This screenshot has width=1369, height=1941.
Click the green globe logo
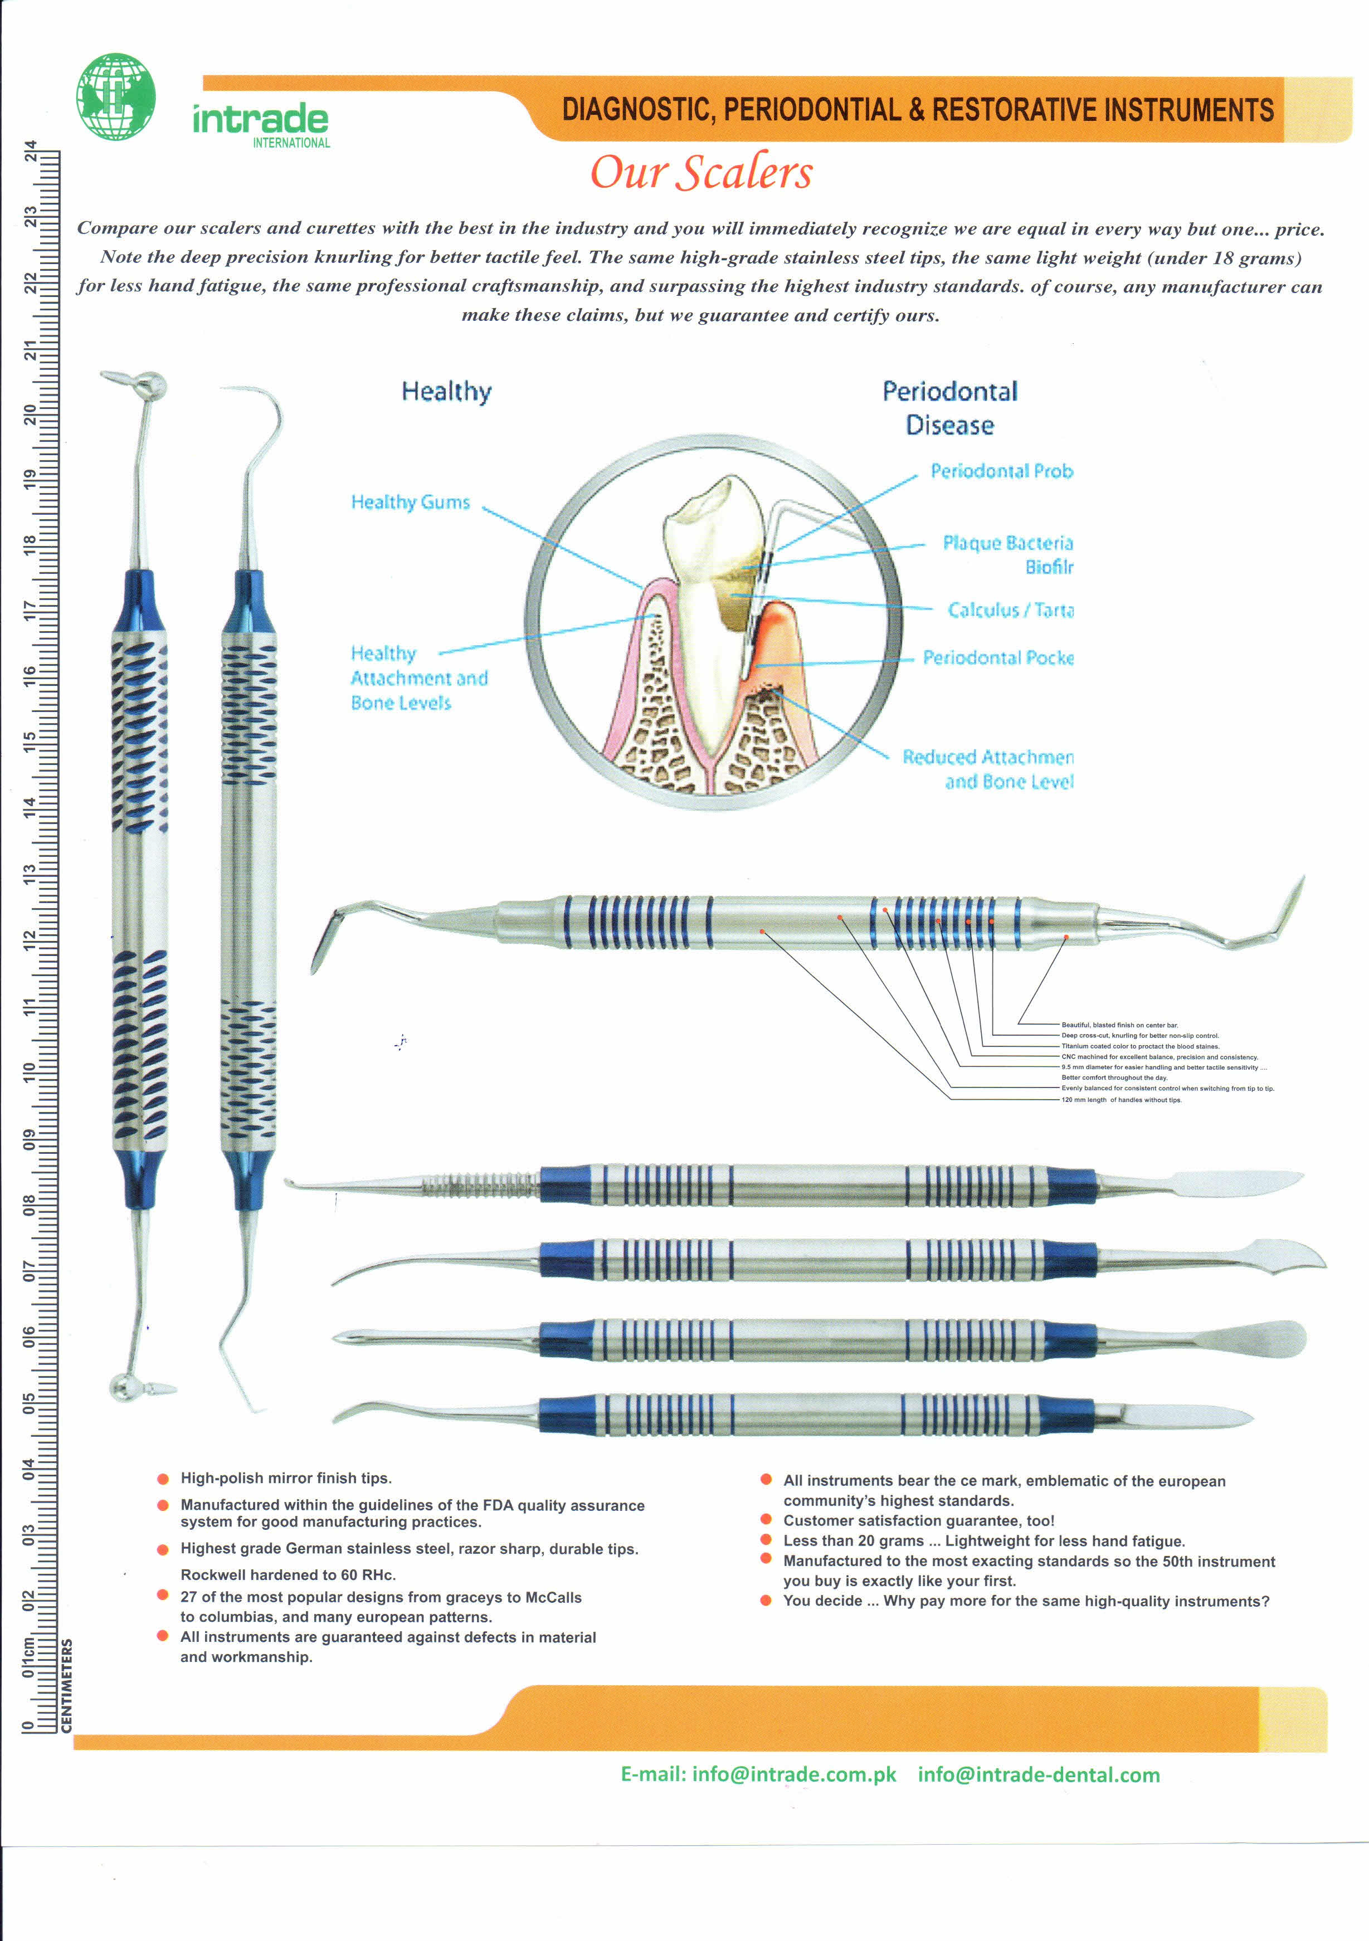point(116,96)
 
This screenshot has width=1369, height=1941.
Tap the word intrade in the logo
point(260,119)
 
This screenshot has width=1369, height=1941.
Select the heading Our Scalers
point(701,173)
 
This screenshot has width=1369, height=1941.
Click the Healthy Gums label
point(410,502)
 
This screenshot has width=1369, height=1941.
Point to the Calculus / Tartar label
point(1011,609)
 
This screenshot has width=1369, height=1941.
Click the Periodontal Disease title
point(949,407)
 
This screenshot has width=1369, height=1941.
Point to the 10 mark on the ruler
point(31,1072)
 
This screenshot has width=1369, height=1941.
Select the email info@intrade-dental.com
point(1039,1774)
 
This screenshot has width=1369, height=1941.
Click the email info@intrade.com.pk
point(793,1774)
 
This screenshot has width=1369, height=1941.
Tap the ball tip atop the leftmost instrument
point(152,386)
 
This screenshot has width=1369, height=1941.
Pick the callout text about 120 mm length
point(1121,1100)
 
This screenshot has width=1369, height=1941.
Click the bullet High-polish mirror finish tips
point(286,1477)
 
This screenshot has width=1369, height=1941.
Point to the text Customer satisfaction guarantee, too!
point(918,1520)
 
